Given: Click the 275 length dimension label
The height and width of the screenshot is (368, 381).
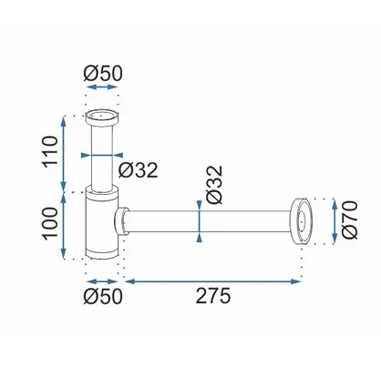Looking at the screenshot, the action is click(213, 296).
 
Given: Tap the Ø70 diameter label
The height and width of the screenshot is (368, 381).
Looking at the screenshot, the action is click(349, 220).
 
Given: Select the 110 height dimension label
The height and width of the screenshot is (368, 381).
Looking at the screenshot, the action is click(50, 151).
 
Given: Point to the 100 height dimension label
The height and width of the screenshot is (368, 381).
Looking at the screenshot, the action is click(50, 224).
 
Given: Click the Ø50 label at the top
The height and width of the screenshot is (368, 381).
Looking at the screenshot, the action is click(103, 74).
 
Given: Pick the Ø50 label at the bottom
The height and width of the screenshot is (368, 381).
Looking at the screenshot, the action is click(103, 296).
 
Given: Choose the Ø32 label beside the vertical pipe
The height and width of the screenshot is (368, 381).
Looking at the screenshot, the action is click(139, 170).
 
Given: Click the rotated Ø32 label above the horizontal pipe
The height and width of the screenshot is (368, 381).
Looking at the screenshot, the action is click(214, 185).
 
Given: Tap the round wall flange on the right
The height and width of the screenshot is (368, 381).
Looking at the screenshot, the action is click(301, 220).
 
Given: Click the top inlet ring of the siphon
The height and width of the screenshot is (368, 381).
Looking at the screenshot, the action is click(102, 118).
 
